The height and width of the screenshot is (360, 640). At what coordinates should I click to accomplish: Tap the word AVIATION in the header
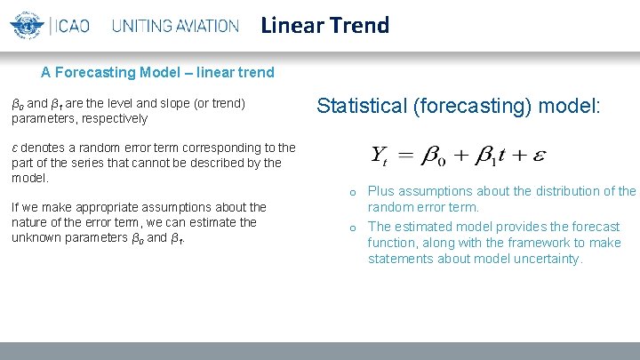[x=204, y=26]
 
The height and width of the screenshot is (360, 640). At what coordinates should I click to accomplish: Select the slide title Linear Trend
[x=324, y=25]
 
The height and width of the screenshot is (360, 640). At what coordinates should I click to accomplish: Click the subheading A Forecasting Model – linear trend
[x=157, y=72]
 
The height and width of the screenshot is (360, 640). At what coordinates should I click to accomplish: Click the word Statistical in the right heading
[x=361, y=107]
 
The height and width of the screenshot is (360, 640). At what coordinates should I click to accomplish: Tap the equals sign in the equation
[x=404, y=156]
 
